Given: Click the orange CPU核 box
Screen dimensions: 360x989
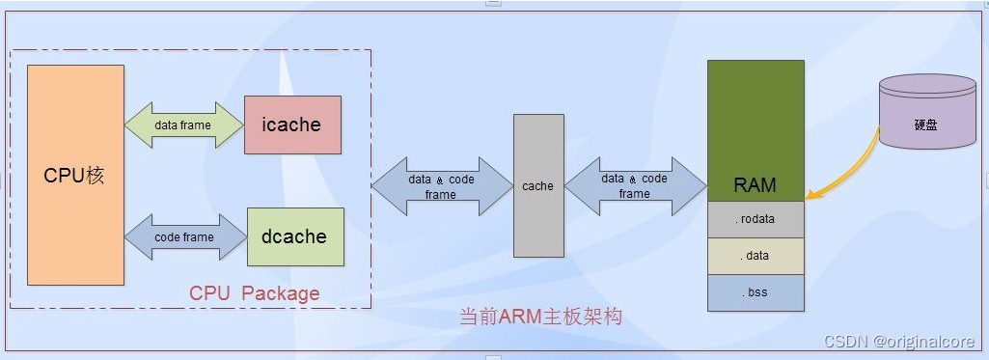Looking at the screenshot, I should (75, 175).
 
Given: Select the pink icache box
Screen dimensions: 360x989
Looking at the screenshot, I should (292, 125).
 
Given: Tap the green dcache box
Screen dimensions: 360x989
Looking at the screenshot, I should (295, 236).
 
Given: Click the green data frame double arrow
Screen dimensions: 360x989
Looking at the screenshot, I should (183, 125).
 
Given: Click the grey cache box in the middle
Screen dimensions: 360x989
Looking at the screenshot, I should (537, 185).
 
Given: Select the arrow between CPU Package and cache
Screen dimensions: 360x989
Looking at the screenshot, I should (441, 186).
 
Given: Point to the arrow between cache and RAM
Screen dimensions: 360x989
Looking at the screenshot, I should (634, 186).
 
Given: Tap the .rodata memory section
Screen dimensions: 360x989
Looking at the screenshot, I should (755, 219).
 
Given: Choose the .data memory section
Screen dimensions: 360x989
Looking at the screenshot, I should (755, 256).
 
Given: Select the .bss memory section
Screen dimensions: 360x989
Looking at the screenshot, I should (755, 292).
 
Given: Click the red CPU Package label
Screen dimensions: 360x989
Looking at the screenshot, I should (254, 292).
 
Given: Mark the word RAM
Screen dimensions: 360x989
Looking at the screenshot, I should (755, 185).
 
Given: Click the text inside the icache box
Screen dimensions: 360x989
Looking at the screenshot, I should (291, 125).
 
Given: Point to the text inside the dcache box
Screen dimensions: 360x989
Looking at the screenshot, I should (294, 236).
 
